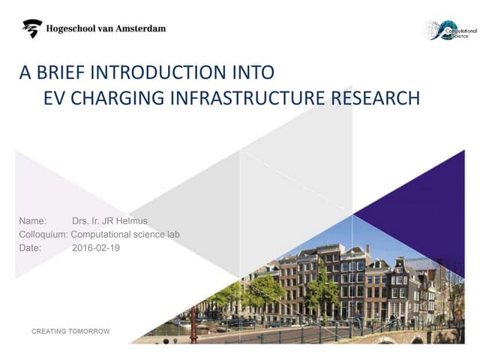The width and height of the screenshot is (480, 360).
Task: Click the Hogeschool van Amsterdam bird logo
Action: pyautogui.click(x=31, y=29)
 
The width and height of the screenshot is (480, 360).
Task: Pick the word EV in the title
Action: pyautogui.click(x=52, y=99)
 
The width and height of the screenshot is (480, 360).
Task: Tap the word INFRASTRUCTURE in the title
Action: pyautogui.click(x=254, y=99)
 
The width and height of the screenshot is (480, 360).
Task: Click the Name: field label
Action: pyautogui.click(x=32, y=221)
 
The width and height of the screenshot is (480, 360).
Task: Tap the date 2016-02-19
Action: pyautogui.click(x=96, y=247)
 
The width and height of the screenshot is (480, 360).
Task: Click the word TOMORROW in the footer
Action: pyautogui.click(x=88, y=331)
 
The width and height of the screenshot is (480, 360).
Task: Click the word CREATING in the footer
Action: pyautogui.click(x=49, y=331)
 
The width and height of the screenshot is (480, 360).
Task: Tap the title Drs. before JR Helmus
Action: pyautogui.click(x=80, y=221)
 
